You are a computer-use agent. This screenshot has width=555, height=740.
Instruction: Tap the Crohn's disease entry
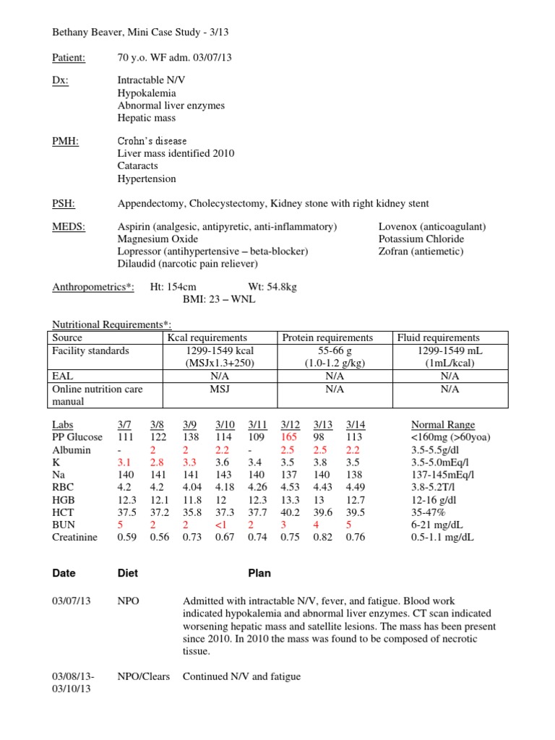pos(152,142)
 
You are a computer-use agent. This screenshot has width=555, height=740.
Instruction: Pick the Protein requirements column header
pos(327,337)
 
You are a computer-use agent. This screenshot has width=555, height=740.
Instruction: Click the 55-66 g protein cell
pos(335,350)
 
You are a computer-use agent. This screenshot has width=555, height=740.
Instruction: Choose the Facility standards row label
pos(91,350)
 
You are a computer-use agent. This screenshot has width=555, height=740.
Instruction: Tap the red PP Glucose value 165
pos(289,437)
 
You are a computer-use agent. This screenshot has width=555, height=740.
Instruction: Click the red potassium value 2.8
pos(157,462)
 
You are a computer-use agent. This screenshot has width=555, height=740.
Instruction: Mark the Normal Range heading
pos(442,425)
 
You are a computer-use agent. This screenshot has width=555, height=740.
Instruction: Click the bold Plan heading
pos(259,573)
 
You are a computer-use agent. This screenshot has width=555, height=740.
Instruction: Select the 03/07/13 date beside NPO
pos(72,601)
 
